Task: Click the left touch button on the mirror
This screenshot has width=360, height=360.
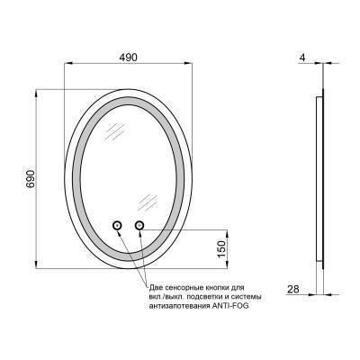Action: tap(117, 225)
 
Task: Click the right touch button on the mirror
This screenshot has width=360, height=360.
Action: tap(139, 225)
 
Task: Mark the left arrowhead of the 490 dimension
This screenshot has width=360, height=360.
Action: tap(70, 64)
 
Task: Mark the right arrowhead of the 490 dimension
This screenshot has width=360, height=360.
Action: tap(192, 64)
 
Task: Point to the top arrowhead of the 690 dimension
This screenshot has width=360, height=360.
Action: tap(36, 91)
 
